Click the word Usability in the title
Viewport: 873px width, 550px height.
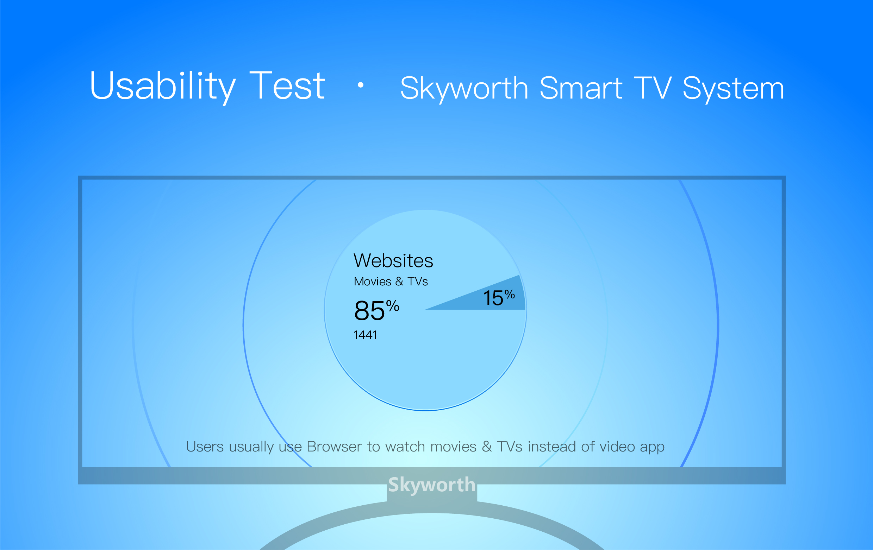coord(163,86)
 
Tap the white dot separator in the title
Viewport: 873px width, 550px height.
coord(360,85)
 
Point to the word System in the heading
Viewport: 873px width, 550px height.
coord(733,89)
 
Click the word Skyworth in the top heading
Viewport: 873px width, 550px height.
coord(464,89)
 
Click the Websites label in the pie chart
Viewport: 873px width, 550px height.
coord(393,260)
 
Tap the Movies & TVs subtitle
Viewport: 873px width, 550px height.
coord(391,282)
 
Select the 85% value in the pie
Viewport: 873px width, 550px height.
coord(377,310)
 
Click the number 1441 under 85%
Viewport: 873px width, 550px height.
coord(365,335)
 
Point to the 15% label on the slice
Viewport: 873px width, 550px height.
coord(499,297)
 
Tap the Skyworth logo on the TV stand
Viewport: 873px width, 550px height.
coord(432,485)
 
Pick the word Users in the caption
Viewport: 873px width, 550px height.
coord(205,447)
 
